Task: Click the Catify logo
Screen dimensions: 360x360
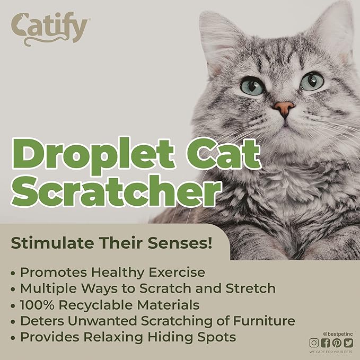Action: click(50, 29)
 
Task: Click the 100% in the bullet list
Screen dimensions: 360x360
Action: click(37, 305)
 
